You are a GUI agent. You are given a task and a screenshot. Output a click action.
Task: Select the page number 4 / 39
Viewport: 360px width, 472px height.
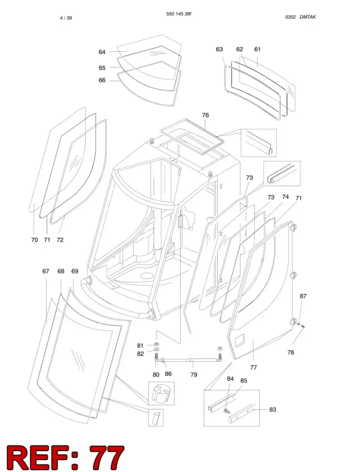pos(66,18)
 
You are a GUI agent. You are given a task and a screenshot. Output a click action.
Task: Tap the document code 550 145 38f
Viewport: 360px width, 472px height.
pos(179,14)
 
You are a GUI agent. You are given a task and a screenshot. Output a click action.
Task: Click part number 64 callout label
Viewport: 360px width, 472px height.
pos(102,52)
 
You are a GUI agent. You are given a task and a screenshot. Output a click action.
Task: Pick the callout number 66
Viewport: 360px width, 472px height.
pos(102,80)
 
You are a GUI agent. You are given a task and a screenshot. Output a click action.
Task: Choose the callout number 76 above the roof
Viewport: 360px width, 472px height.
pos(205,115)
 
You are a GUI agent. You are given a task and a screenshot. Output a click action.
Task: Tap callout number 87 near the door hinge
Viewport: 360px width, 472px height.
pos(303,296)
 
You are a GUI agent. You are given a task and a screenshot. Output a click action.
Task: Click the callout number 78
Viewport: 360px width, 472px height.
pos(290,352)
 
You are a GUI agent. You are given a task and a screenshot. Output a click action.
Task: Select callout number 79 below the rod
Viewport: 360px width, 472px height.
pos(194,375)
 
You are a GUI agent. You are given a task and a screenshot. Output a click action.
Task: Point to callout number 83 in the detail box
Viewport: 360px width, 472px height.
pos(272,410)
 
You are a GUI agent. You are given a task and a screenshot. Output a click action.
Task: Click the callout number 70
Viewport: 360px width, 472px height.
pos(35,240)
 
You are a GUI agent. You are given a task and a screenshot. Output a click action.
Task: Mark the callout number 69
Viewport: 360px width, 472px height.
pos(75,271)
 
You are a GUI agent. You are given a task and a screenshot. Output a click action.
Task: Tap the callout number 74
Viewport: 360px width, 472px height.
pos(285,197)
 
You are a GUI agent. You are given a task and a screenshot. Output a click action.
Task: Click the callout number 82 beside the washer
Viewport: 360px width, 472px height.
pos(140,354)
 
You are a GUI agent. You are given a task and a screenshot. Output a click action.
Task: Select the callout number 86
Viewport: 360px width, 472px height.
pos(168,374)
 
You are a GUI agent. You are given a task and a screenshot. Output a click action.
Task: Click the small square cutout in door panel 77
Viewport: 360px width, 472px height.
pos(240,339)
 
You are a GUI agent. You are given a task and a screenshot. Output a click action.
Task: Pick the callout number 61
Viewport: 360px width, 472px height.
pos(258,49)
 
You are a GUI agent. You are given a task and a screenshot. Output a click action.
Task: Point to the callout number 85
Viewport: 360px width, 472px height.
pos(244,381)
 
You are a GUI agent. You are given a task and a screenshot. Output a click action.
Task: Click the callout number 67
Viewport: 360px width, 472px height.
pos(46,271)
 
